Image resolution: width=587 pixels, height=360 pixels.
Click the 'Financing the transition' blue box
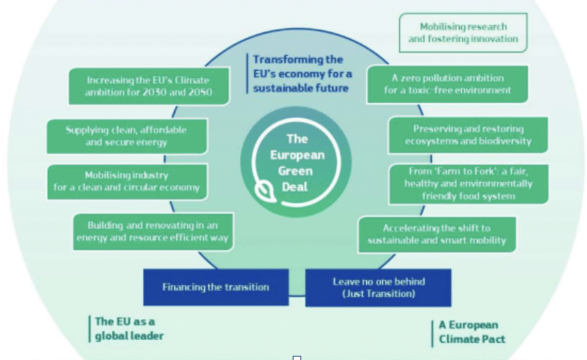pos(216,287)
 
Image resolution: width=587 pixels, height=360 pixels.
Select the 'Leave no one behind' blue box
pos(378,287)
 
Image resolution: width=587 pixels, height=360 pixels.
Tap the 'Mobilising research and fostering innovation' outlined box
pos(463,33)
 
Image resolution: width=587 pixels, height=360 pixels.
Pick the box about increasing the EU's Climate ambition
pos(149,86)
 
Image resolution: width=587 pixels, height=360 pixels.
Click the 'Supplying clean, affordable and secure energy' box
pos(127,136)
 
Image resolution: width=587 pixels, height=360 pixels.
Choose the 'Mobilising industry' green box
pos(127,181)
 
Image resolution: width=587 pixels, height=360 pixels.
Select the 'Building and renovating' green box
pos(153,232)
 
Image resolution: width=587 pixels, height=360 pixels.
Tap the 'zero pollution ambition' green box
pos(447,84)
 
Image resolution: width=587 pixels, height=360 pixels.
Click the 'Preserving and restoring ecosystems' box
pos(468,135)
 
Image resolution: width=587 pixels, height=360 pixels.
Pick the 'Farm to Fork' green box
pos(469,184)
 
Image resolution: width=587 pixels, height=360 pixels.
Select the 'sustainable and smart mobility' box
pos(437,235)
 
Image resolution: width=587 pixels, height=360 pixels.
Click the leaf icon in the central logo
pos(264,191)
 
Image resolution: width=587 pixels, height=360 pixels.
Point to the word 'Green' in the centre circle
pos(296,171)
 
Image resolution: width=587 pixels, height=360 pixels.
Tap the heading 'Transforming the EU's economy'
pos(302,73)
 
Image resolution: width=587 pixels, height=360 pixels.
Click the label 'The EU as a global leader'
pos(129,329)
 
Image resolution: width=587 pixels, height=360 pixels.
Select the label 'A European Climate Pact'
pos(472,332)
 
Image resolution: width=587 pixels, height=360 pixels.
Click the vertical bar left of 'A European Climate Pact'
pos(433,334)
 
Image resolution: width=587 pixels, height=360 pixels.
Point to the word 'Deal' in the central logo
pos(295,187)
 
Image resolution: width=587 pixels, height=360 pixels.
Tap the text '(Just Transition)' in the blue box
pos(379,294)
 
